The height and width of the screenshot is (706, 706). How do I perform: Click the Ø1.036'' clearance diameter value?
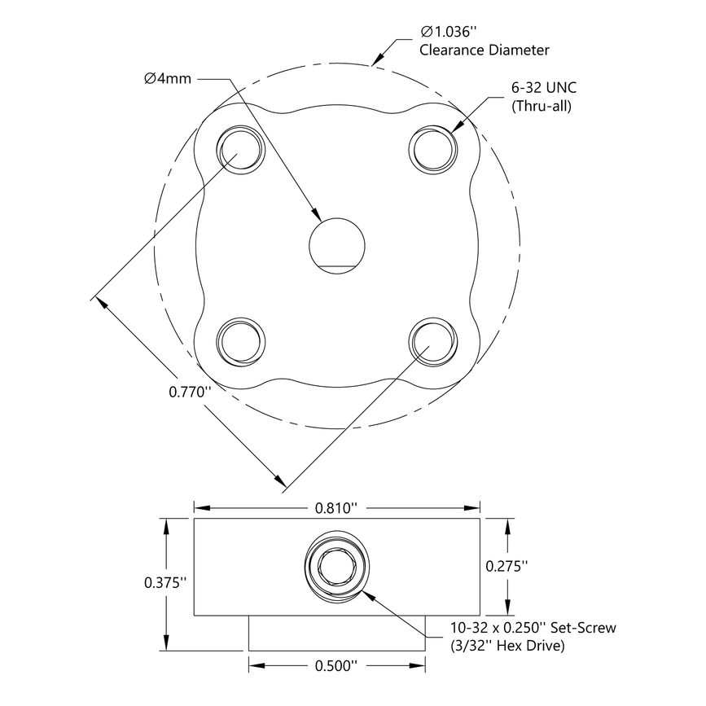click(448, 33)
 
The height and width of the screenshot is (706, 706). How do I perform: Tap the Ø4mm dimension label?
click(169, 78)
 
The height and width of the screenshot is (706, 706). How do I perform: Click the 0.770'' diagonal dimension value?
click(190, 392)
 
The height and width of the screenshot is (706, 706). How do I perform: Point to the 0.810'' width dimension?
click(336, 508)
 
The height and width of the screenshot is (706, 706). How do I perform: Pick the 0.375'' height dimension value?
click(165, 582)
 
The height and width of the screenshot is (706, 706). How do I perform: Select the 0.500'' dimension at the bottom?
click(336, 666)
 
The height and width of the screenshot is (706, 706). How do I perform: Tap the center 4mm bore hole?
click(337, 244)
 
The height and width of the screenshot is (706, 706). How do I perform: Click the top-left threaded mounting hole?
click(241, 150)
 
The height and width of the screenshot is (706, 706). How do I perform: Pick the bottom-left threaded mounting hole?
click(241, 341)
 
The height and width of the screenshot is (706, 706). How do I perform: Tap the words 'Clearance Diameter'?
click(484, 50)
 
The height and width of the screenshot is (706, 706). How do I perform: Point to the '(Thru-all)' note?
click(541, 106)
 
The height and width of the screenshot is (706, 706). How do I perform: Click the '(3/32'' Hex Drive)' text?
click(508, 646)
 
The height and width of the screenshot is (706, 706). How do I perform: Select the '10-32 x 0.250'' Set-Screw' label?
click(533, 628)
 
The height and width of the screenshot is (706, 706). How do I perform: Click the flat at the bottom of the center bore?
click(337, 267)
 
